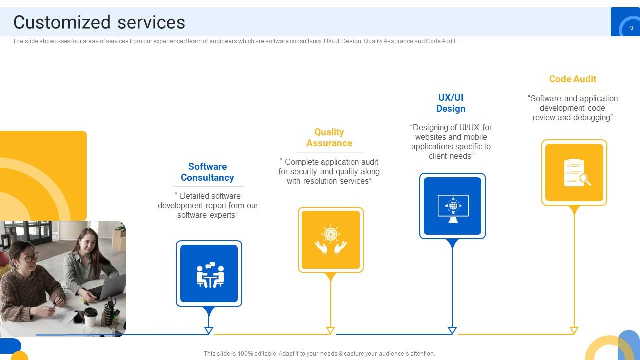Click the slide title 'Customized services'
99,22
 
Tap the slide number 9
631,28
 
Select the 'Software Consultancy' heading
207,172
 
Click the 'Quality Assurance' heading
329,137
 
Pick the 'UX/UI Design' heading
451,103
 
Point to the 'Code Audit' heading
573,79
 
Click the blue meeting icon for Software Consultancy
210,275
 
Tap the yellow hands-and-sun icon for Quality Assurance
331,239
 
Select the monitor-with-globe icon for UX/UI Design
453,208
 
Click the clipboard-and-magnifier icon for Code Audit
577,173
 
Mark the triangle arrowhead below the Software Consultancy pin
209,331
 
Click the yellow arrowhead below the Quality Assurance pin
330,331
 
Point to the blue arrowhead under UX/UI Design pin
452,331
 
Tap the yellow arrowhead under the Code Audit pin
574,331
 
